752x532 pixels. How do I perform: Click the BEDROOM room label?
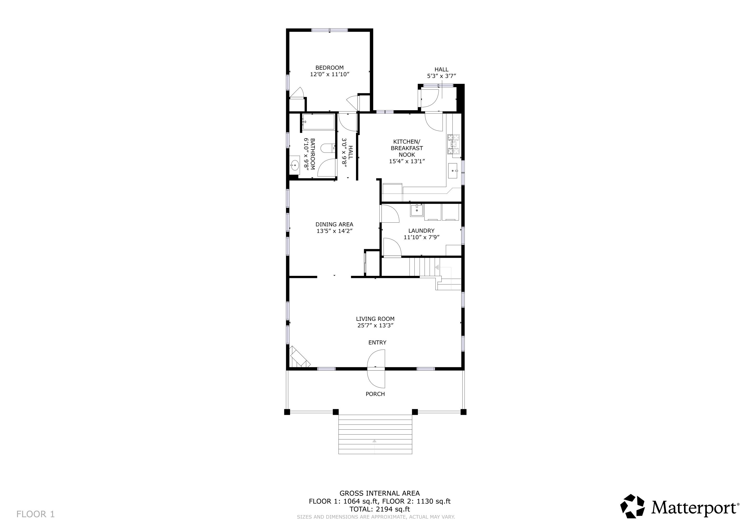330,68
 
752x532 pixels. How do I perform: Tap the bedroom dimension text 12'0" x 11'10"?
330,74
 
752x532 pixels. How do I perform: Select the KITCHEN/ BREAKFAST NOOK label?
407,148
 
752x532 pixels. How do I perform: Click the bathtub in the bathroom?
318,122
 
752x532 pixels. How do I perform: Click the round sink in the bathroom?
295,165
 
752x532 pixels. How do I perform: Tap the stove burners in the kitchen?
454,144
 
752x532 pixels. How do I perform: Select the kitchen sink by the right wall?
454,171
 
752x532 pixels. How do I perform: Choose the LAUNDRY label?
421,231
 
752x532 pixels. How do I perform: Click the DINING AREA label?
334,224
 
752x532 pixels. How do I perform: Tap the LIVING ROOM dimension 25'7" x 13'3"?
375,325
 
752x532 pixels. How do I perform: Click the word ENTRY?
377,342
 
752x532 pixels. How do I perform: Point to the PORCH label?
375,394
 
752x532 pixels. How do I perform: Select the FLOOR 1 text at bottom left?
35,514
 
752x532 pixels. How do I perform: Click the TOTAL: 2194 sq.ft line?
380,509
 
